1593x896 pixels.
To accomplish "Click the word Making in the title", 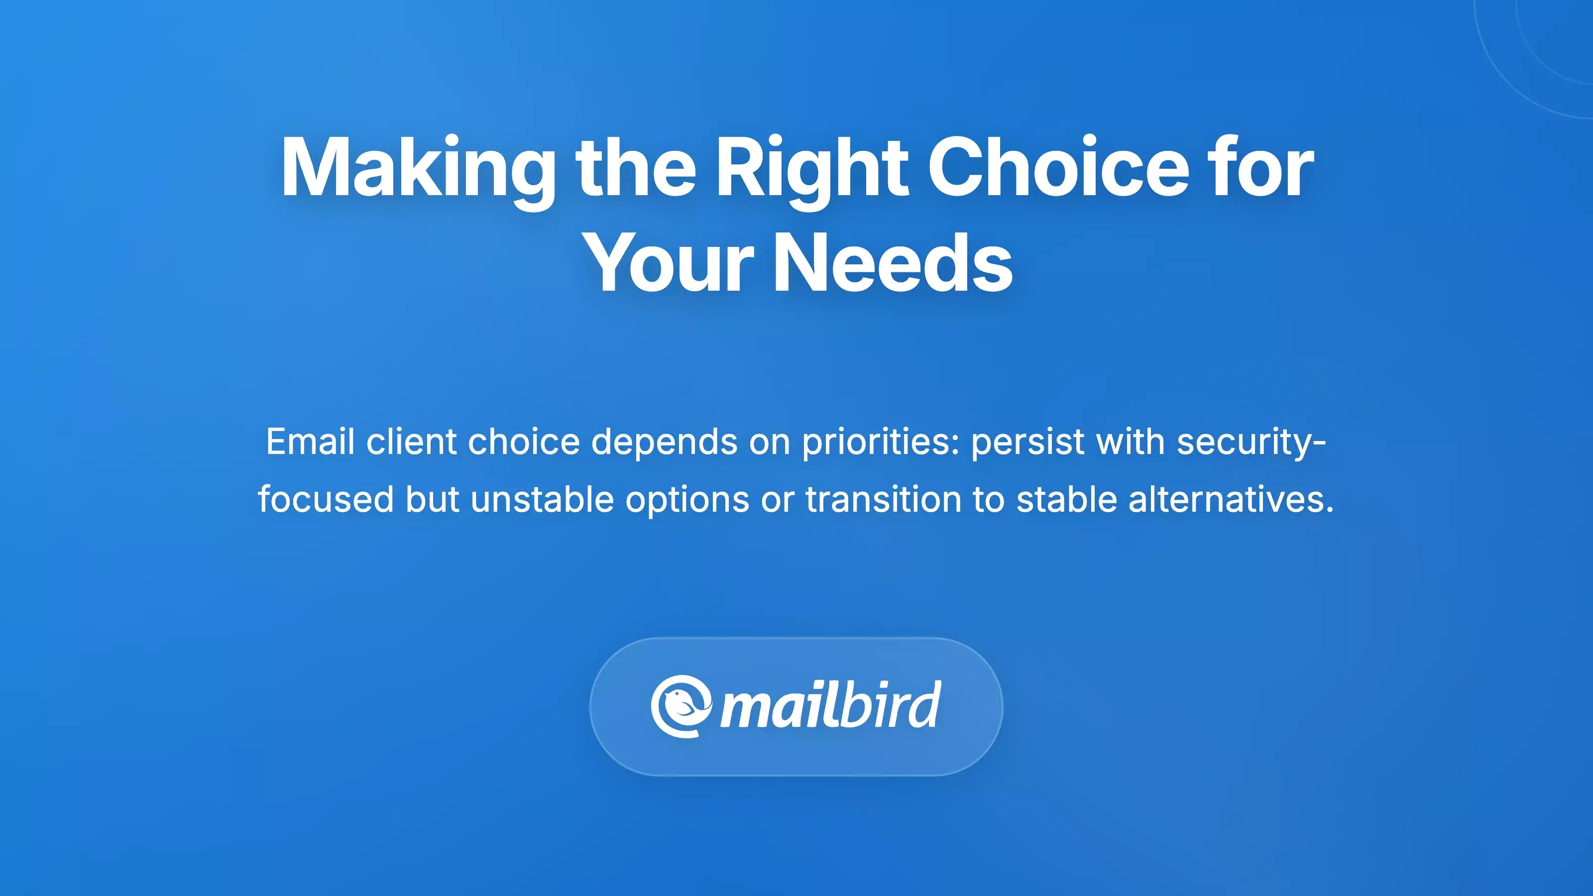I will coord(418,168).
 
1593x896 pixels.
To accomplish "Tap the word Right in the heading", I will coord(811,168).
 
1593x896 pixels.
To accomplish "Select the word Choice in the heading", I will coord(1059,168).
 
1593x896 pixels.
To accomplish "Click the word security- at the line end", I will coord(1251,442).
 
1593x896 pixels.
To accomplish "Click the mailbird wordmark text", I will coord(830,706).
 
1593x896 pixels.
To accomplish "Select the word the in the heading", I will coord(636,168).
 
